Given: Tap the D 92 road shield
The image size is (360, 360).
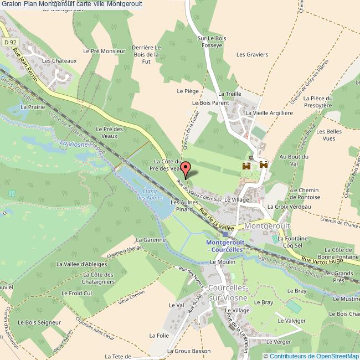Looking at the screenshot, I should (8, 42).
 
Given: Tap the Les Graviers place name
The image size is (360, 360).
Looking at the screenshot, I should (252, 54).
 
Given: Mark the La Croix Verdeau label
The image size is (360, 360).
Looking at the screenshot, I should (289, 207).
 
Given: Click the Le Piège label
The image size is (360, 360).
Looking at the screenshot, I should (187, 90).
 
